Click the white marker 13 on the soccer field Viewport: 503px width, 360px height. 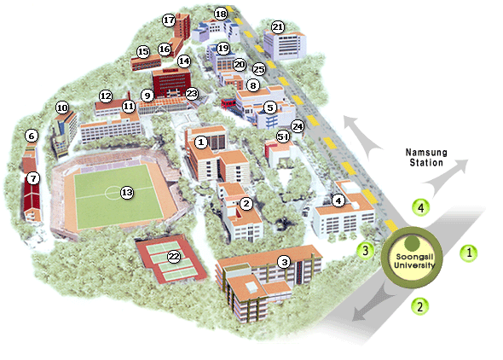pos(127,193)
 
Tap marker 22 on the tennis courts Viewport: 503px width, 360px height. pos(174,255)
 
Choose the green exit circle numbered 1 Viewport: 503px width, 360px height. pos(468,252)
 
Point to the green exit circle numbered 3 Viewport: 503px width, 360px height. pos(365,251)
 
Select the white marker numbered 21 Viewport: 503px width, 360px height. pos(277,27)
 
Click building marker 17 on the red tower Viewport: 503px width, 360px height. pos(168,20)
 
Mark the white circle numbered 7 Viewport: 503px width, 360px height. pos(33,178)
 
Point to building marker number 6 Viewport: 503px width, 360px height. pos(32,135)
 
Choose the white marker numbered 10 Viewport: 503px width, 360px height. pos(61,108)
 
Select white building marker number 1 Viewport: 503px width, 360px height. pos(201,142)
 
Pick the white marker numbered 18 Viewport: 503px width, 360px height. pos(221,14)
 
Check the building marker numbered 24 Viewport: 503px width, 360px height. pos(298,125)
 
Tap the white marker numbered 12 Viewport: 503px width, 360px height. pos(106,96)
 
